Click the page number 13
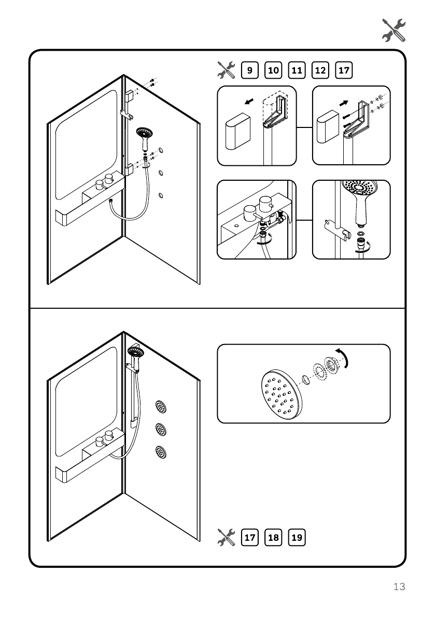(399, 587)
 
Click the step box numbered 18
(273, 537)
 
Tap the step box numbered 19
(297, 537)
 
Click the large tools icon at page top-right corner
(394, 30)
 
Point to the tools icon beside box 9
(226, 69)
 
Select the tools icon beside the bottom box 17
(226, 537)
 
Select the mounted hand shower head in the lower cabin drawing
(136, 352)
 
